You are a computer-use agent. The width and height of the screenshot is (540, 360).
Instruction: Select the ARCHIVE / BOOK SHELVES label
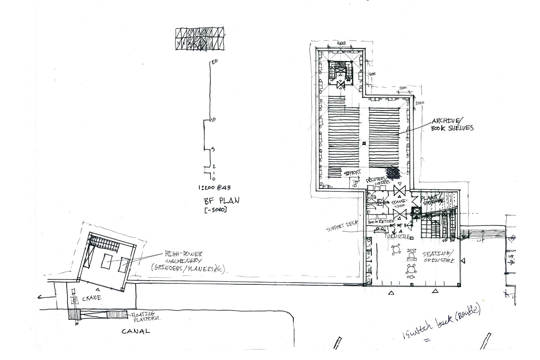452,125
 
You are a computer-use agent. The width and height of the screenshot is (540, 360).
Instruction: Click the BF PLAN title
214,201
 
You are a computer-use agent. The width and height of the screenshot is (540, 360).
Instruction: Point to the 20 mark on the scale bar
215,62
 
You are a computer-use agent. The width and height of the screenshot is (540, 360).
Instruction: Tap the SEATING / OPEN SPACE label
439,257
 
